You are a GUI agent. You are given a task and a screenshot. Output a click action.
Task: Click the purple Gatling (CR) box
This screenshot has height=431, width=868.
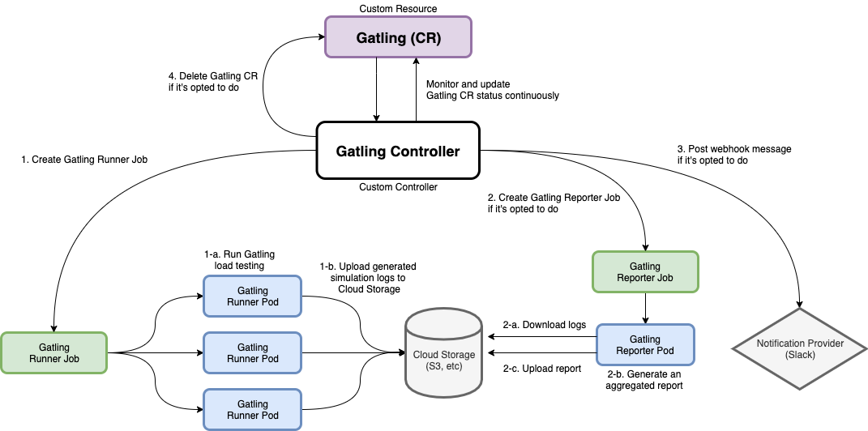398,38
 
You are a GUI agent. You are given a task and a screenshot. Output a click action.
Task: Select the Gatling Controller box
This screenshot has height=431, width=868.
398,151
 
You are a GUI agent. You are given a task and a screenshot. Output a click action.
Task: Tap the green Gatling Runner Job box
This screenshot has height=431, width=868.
53,352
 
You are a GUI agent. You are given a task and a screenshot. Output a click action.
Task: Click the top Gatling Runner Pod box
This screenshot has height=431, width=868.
252,296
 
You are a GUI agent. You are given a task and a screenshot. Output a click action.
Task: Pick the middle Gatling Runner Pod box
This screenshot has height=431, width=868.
252,352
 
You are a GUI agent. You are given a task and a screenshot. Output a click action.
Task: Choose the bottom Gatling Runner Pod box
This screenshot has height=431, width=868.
252,409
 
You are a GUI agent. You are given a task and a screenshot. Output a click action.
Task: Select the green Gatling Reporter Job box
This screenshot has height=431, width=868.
644,271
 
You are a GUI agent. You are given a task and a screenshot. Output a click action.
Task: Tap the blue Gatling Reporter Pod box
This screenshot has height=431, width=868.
644,345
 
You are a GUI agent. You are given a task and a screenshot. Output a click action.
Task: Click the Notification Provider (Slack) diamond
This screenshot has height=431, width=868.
800,349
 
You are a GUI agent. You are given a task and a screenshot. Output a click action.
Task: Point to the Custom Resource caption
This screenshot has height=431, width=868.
398,9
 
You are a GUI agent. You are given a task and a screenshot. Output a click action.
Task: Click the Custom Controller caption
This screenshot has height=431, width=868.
398,187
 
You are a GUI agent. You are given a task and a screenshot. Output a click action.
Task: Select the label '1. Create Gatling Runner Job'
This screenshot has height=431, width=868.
84,160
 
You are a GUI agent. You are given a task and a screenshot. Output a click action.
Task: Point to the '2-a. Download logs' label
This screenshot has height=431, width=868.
544,325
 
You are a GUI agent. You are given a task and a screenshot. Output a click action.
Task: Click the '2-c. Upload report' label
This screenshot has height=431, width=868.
541,369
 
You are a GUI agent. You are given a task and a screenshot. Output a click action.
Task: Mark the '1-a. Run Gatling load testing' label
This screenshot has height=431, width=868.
240,259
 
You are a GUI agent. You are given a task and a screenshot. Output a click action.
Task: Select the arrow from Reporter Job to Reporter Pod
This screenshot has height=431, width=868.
644,309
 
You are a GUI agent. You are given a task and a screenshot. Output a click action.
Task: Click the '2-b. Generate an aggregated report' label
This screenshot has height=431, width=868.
644,380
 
